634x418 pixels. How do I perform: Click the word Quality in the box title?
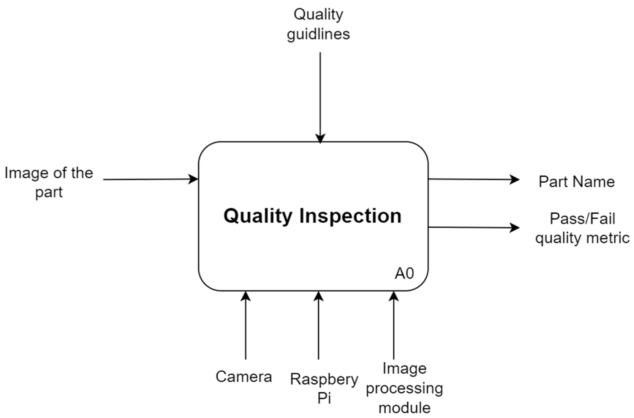(258, 216)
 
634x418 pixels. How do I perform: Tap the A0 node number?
(404, 274)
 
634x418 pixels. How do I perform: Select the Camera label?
(244, 377)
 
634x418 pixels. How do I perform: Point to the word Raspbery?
(324, 379)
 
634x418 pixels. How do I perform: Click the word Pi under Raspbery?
(324, 398)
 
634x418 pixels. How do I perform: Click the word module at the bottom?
(404, 408)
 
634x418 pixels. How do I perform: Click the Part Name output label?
(576, 182)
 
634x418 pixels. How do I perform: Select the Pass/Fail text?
(582, 219)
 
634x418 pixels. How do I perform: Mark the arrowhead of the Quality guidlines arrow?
(320, 138)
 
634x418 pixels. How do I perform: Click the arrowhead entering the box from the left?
(193, 179)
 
